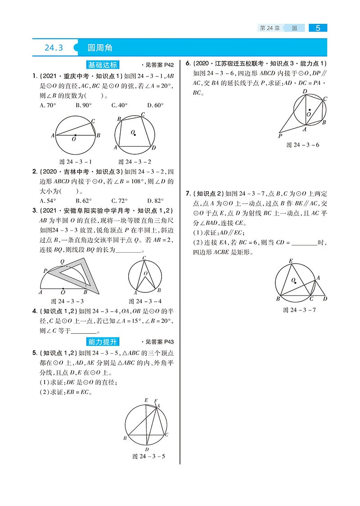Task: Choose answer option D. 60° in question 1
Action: coord(155,105)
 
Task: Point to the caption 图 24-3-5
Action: coord(149,456)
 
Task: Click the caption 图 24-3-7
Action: coord(300,310)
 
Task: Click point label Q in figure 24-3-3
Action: coord(62,261)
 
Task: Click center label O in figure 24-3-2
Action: coord(133,133)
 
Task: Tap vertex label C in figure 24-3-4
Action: coord(144,258)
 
